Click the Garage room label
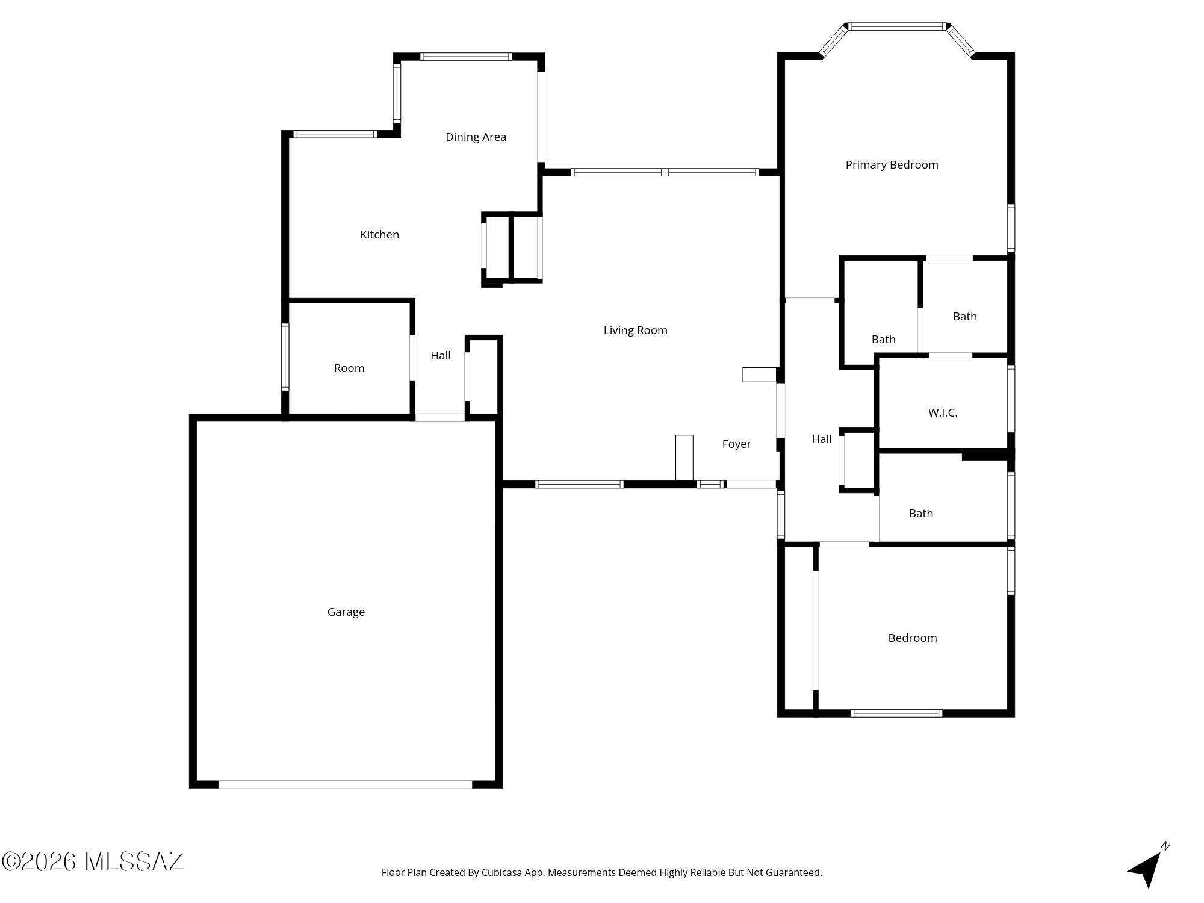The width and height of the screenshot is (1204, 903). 346,612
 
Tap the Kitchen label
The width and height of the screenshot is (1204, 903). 379,235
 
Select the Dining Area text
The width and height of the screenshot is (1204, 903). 476,137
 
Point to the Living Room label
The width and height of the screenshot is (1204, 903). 635,330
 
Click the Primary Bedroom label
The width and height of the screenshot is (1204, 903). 892,165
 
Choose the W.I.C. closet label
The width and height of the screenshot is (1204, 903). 943,413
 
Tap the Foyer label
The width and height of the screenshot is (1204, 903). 736,444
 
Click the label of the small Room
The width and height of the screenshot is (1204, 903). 349,368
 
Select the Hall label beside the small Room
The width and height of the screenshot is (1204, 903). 440,356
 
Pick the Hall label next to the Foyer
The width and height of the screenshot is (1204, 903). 821,439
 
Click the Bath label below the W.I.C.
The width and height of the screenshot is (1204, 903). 920,514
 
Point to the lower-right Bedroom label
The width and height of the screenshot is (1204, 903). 912,638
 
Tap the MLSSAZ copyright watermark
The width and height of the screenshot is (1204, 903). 93,861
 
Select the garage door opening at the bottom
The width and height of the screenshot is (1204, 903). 345,784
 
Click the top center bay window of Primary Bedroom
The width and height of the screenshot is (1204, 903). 897,26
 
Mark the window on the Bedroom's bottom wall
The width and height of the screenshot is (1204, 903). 896,713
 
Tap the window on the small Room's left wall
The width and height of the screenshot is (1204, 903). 285,357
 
